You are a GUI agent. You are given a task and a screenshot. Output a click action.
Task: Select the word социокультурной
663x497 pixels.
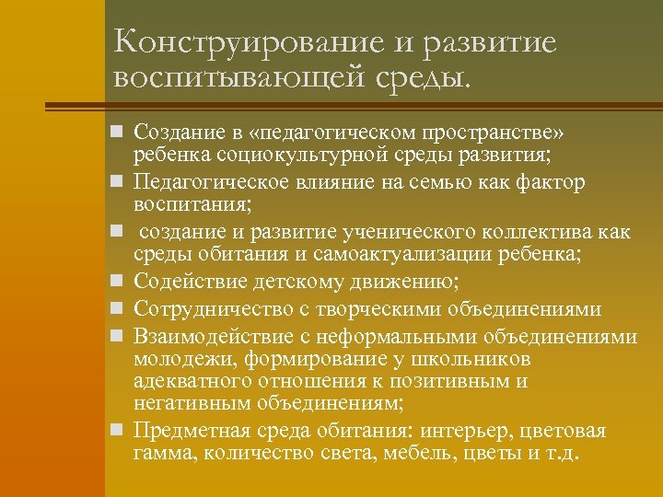coord(277,150)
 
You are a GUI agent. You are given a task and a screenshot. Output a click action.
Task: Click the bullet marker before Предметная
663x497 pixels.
coord(117,430)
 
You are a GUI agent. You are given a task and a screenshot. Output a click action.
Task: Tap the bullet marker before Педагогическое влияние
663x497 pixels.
coord(117,182)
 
